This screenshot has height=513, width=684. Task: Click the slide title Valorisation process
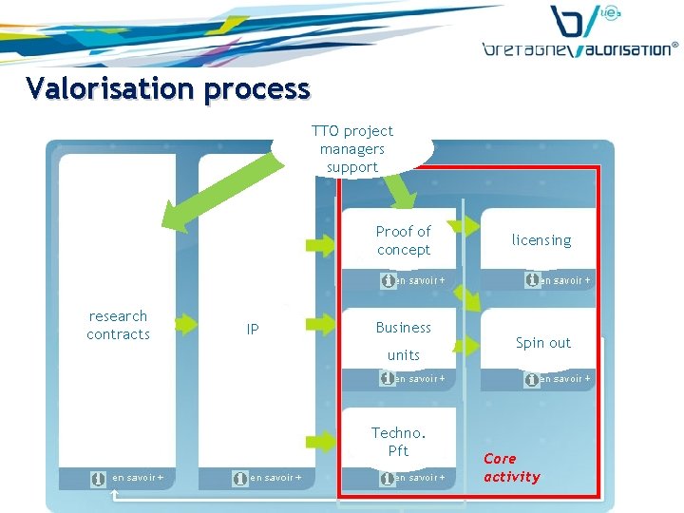click(x=168, y=88)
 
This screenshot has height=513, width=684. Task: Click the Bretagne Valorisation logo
click(x=580, y=33)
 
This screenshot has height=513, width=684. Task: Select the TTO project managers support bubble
click(x=351, y=149)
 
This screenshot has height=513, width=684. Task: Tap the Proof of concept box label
click(x=403, y=240)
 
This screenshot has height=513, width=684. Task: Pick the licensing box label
click(x=541, y=240)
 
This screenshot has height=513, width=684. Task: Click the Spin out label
click(x=543, y=343)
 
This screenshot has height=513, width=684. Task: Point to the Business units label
click(x=403, y=340)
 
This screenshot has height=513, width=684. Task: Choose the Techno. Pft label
click(x=399, y=442)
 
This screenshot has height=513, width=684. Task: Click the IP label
click(x=253, y=330)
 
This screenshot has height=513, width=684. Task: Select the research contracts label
click(x=118, y=325)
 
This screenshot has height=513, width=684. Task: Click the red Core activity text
click(x=511, y=467)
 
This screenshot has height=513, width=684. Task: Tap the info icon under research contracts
click(x=98, y=479)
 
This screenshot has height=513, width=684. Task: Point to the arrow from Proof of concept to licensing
click(x=465, y=225)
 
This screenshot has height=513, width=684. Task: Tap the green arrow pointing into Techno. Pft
click(x=320, y=440)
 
